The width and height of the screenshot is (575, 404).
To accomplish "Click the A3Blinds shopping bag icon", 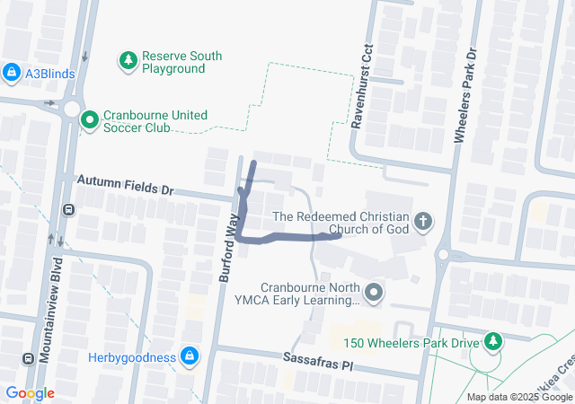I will [12, 73].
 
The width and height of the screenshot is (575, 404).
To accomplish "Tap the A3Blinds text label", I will [50, 74].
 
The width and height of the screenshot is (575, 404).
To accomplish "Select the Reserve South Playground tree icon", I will [128, 61].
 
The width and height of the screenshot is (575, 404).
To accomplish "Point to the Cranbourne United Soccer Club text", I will [155, 121].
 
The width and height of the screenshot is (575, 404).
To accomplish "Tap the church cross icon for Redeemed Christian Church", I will [423, 221].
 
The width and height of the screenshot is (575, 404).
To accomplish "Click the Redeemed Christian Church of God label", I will [341, 223].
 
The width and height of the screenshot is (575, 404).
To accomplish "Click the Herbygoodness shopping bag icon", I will [188, 356].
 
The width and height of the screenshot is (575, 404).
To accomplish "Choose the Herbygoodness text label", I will [132, 357].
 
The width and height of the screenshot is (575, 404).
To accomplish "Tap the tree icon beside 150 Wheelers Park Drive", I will [492, 341].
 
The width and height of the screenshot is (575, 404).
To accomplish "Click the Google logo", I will [30, 393].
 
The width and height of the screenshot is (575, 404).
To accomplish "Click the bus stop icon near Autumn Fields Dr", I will [68, 210].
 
